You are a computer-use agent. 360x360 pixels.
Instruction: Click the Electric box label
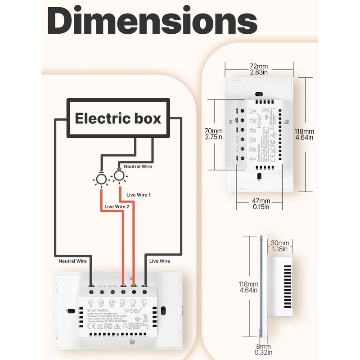coord(118,118)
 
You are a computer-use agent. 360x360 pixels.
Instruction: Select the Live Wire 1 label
coord(138,195)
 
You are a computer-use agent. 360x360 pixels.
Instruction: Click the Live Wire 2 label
coord(117,207)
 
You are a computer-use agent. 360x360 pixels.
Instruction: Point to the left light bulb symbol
coord(101,180)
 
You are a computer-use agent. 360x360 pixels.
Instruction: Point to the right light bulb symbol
coord(119,175)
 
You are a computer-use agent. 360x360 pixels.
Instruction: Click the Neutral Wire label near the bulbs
coord(138,166)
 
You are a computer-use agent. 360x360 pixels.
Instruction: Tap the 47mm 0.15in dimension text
coord(260,203)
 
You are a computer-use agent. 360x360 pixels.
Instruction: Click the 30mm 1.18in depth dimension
coord(280,246)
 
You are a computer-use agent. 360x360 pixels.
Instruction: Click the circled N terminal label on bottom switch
coord(90,302)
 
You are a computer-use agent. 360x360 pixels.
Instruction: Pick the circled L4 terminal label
coord(101,302)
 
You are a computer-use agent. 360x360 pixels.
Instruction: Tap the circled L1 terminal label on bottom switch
coord(133,302)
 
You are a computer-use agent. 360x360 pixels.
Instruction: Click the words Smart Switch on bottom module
coord(98,310)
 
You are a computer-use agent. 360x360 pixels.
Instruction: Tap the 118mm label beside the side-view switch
coord(249,287)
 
